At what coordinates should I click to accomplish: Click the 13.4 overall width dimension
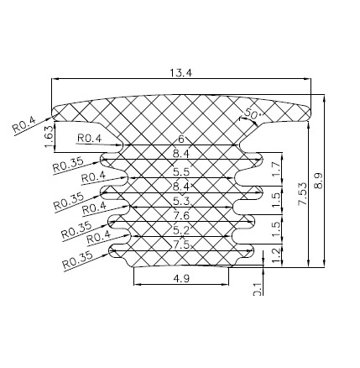[180, 73]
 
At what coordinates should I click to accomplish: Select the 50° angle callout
[252, 113]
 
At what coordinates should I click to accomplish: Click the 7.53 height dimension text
[301, 195]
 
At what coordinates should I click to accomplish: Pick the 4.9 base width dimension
[180, 278]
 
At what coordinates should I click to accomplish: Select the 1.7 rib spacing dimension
[276, 171]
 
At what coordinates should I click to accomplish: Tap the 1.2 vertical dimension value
[276, 251]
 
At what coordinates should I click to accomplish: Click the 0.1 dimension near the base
[257, 289]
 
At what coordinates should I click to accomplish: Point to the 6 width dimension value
[180, 139]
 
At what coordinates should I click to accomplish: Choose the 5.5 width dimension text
[180, 171]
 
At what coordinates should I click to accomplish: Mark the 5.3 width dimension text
[180, 201]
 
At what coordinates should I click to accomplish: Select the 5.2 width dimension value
[180, 229]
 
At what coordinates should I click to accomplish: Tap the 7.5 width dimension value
[180, 244]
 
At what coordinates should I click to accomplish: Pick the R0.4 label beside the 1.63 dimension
[89, 138]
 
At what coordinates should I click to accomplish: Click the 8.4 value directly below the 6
[180, 154]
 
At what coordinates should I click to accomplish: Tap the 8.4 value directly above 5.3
[180, 186]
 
